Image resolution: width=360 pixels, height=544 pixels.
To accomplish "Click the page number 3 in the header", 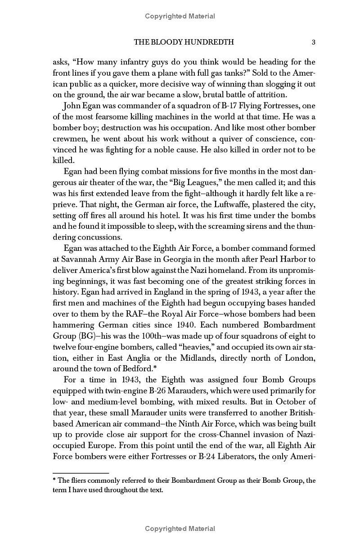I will click(313, 42).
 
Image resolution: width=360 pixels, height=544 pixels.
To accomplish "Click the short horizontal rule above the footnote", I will click(81, 473).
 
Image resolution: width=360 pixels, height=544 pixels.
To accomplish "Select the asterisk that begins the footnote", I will click(54, 480).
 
